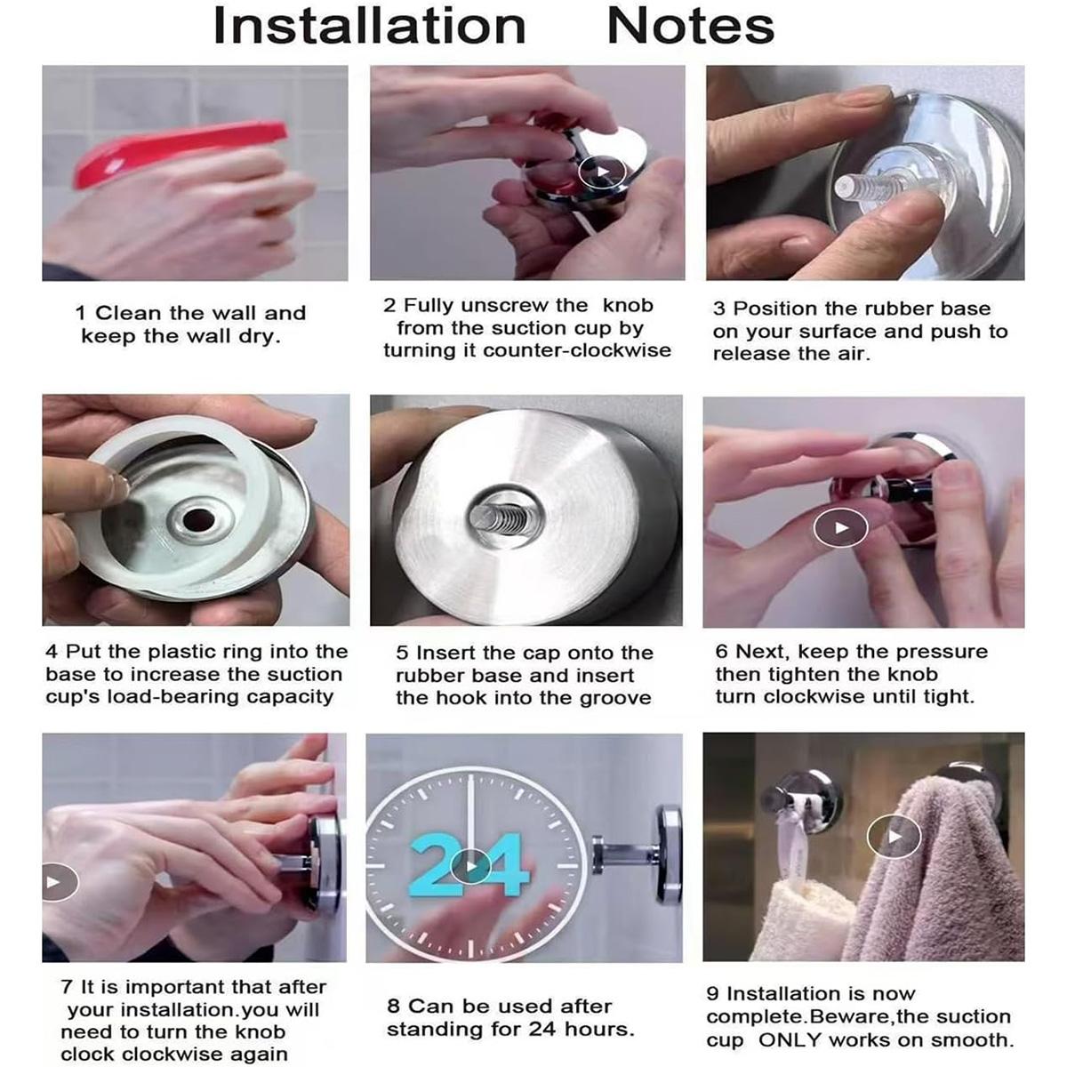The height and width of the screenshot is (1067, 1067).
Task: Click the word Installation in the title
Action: (369, 26)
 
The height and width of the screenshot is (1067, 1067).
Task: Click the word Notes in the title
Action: (691, 26)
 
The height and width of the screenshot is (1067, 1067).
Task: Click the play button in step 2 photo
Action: (602, 172)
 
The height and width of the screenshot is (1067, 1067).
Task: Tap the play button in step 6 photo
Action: (840, 527)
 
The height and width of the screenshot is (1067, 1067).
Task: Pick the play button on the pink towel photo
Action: (894, 837)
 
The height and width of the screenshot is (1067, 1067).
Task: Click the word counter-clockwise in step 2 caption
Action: (576, 350)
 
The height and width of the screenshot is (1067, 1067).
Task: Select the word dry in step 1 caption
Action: (260, 337)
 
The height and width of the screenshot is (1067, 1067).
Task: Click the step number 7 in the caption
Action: (67, 987)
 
